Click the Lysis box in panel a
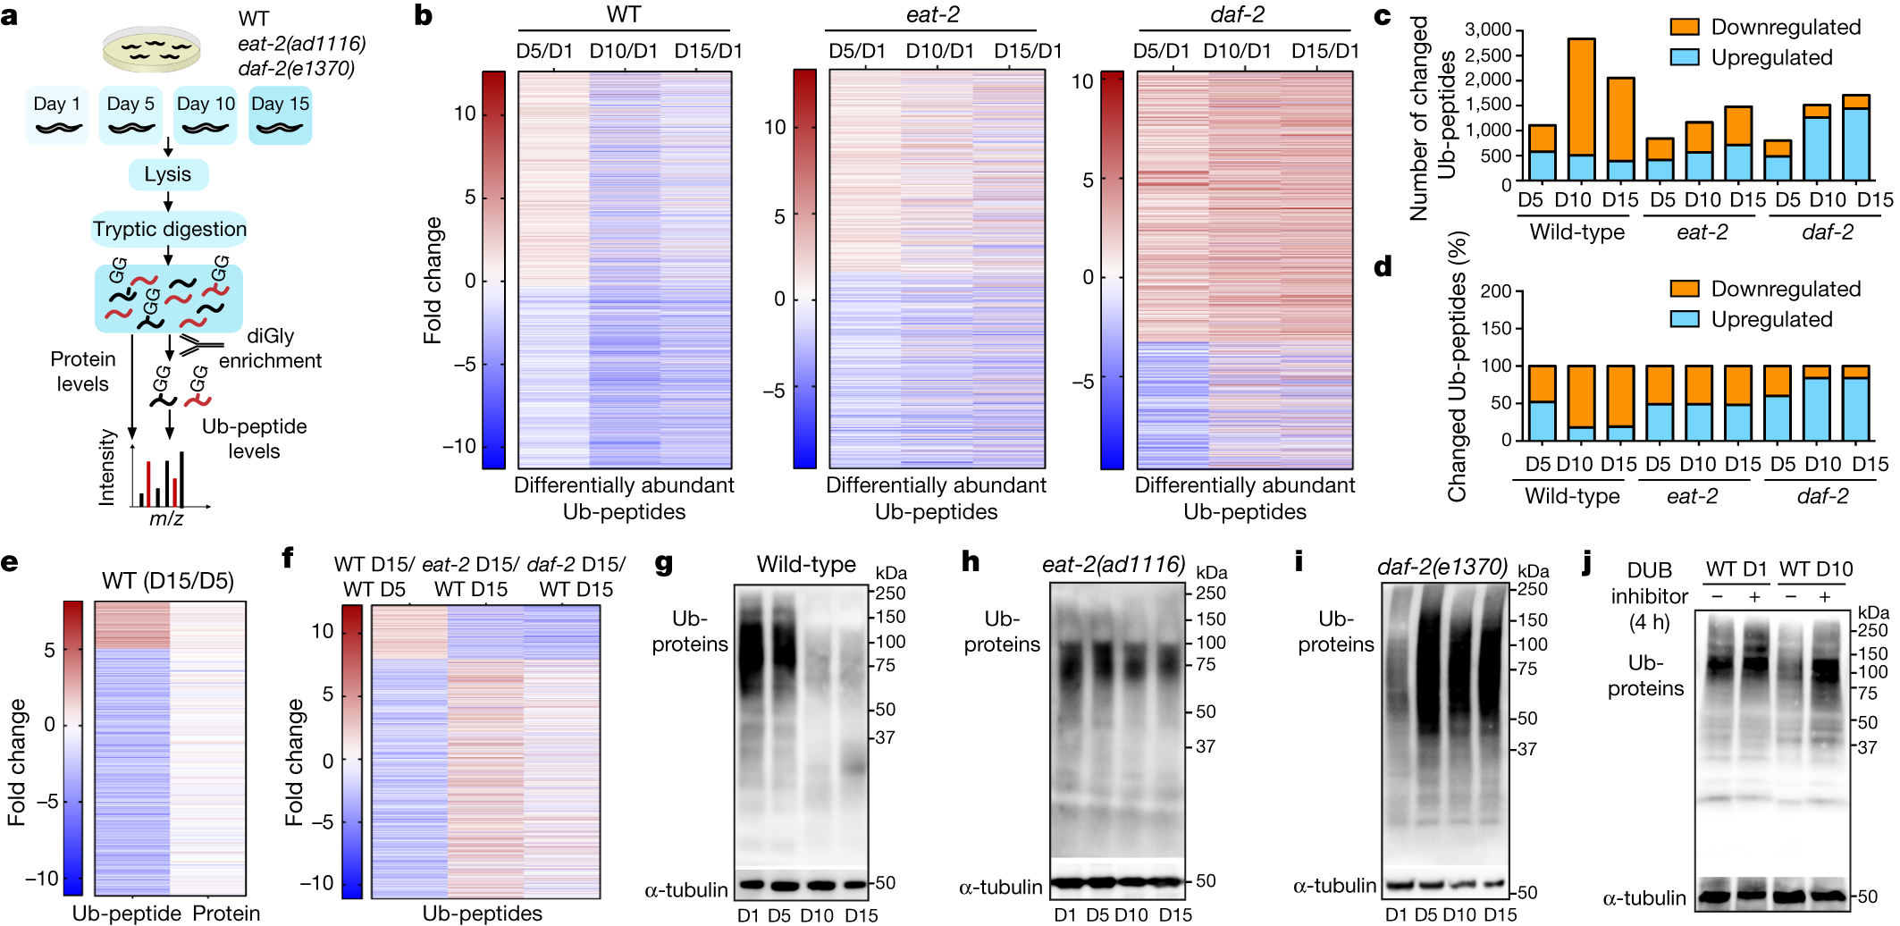click(168, 174)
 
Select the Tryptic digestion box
click(170, 230)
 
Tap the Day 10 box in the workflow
click(206, 115)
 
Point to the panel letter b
click(423, 15)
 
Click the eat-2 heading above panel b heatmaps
click(931, 15)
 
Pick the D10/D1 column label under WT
click(623, 52)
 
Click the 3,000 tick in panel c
click(1487, 29)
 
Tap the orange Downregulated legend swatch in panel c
click(1684, 28)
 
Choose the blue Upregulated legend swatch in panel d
click(1684, 319)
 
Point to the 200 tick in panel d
click(1495, 291)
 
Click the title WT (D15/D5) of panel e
click(168, 582)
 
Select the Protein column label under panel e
click(226, 913)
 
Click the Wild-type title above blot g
click(806, 565)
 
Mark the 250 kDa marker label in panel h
click(1211, 593)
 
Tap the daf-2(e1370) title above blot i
click(1442, 567)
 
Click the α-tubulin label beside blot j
click(1644, 898)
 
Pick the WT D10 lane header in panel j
click(1816, 569)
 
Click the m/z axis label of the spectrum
click(166, 518)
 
